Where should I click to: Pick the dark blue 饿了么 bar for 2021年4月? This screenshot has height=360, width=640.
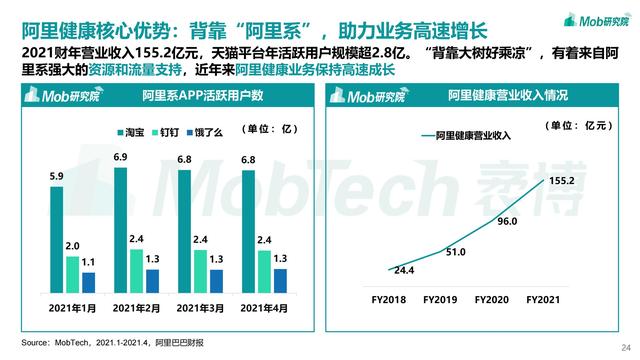tap(280, 279)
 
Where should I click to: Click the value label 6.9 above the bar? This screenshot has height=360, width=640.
tap(120, 158)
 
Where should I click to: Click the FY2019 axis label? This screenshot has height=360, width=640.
tap(441, 299)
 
